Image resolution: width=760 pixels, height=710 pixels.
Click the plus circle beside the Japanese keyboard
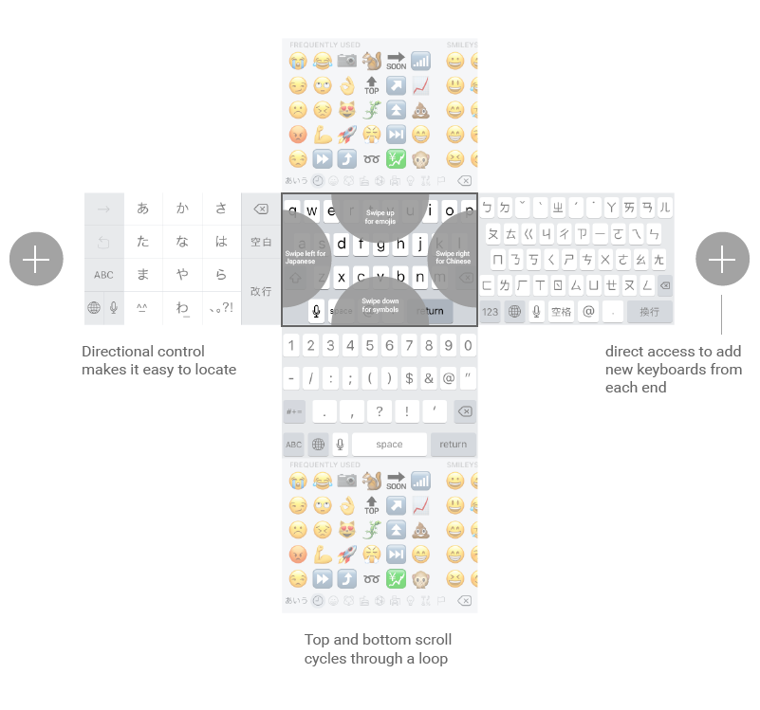tap(36, 258)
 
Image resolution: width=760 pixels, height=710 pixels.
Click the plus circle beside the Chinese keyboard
tap(722, 258)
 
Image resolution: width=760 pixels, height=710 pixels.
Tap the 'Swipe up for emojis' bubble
tap(380, 216)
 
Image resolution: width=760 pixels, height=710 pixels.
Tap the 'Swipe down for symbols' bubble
tap(380, 304)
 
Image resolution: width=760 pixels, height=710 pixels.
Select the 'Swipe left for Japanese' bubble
tap(306, 258)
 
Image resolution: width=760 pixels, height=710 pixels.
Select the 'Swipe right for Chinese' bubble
tap(454, 258)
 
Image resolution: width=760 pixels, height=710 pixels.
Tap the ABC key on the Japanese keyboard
tap(103, 275)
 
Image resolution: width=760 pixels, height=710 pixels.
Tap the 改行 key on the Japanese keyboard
tap(261, 291)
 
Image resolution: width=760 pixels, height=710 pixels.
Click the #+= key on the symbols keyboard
tap(294, 411)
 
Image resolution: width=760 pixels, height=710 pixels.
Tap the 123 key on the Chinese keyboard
tap(491, 311)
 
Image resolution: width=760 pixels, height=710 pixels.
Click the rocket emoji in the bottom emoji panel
tap(346, 555)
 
